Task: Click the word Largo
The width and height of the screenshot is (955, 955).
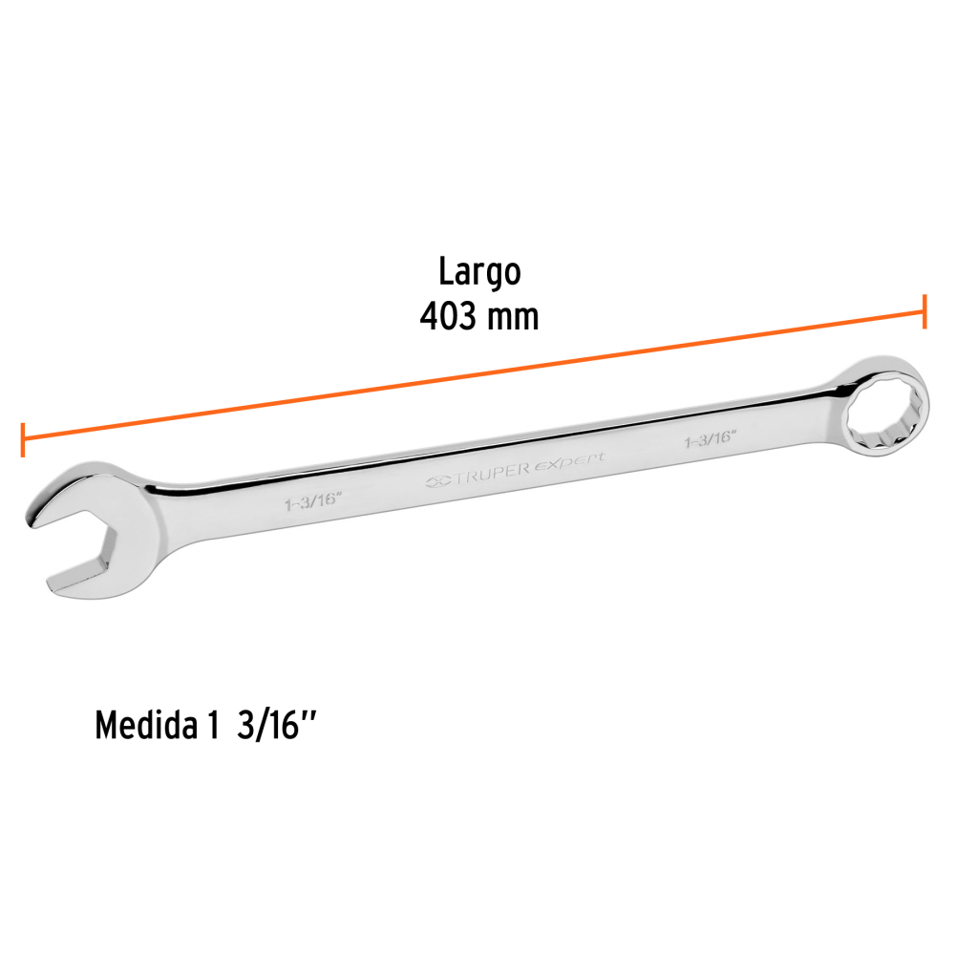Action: (x=479, y=271)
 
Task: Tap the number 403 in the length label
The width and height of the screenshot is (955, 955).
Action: (x=448, y=317)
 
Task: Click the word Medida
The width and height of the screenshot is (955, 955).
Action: (x=147, y=725)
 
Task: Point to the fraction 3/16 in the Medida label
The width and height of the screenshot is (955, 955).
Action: (x=267, y=725)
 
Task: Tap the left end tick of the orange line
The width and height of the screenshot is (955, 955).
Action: (x=23, y=439)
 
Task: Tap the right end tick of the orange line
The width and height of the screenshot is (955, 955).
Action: (x=924, y=311)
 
